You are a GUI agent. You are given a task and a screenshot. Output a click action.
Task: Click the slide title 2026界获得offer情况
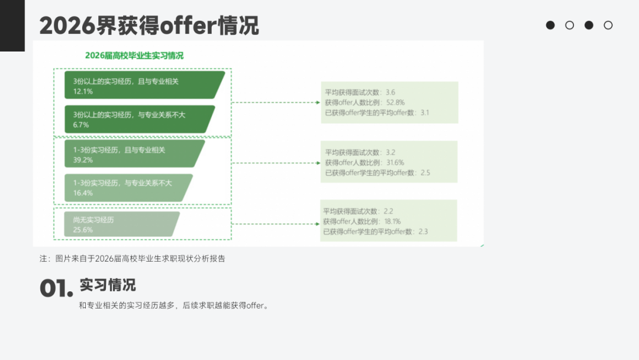tap(149, 25)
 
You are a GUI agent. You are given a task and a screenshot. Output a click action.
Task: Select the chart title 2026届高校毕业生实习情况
tap(134, 56)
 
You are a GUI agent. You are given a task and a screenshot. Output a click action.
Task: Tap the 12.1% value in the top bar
tap(83, 92)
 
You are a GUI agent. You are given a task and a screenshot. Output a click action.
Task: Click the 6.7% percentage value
tap(81, 125)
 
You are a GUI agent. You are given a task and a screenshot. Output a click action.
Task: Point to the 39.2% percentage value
tap(83, 160)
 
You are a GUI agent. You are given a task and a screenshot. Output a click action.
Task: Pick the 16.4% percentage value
tap(83, 193)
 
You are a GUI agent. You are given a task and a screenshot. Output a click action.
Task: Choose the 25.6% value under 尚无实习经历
tap(83, 230)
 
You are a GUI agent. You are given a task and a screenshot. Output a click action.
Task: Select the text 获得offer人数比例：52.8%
tap(365, 102)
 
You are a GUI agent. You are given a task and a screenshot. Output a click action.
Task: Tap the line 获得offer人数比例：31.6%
tap(365, 163)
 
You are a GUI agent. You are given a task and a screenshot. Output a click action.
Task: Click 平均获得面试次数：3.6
tap(360, 92)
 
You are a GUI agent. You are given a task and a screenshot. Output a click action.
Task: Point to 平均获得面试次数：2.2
tap(358, 211)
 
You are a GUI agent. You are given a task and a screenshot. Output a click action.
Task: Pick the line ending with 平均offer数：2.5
tap(377, 173)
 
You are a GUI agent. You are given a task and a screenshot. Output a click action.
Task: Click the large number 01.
tap(56, 290)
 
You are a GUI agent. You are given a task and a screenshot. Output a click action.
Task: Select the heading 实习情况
tap(108, 285)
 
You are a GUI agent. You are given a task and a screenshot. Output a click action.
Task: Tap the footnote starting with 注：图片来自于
tap(133, 258)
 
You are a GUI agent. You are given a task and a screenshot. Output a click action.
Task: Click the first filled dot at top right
tap(550, 25)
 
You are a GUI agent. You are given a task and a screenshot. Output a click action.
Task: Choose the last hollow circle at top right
tap(608, 25)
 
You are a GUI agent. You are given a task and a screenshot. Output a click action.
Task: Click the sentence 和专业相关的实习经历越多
tap(174, 306)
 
